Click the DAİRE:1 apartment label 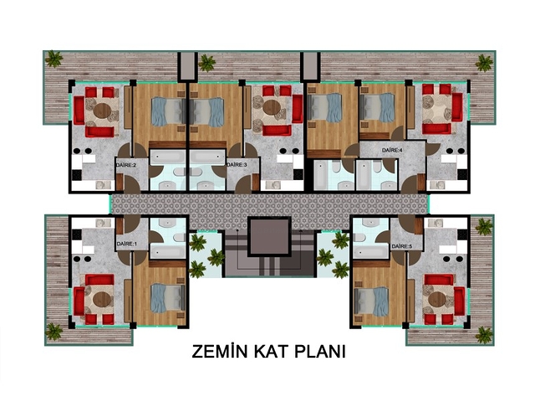tap(127, 244)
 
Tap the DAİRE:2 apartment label tap(126, 165)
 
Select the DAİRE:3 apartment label tap(237, 165)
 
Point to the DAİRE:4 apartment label tap(392, 151)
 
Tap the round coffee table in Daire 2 tap(102, 111)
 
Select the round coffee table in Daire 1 tap(102, 299)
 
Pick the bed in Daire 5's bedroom tap(371, 301)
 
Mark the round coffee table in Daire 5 tap(437, 299)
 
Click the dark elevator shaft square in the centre tap(269, 236)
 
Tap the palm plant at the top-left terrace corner tap(54, 59)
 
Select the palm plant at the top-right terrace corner tap(484, 63)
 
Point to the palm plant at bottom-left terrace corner tap(54, 332)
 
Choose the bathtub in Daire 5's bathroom tap(370, 251)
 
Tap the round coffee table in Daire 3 tap(272, 107)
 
